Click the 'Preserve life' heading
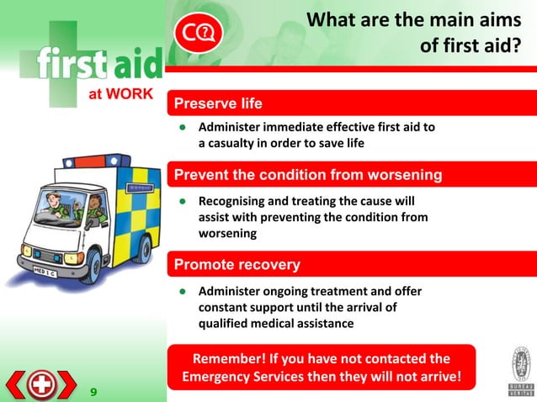pos(218,103)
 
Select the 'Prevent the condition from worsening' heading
pos(307,175)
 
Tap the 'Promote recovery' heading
pos(237,265)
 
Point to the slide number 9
pos(93,392)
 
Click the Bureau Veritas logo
pos(520,370)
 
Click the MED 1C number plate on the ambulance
pos(45,271)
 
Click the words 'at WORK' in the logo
pos(120,93)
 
